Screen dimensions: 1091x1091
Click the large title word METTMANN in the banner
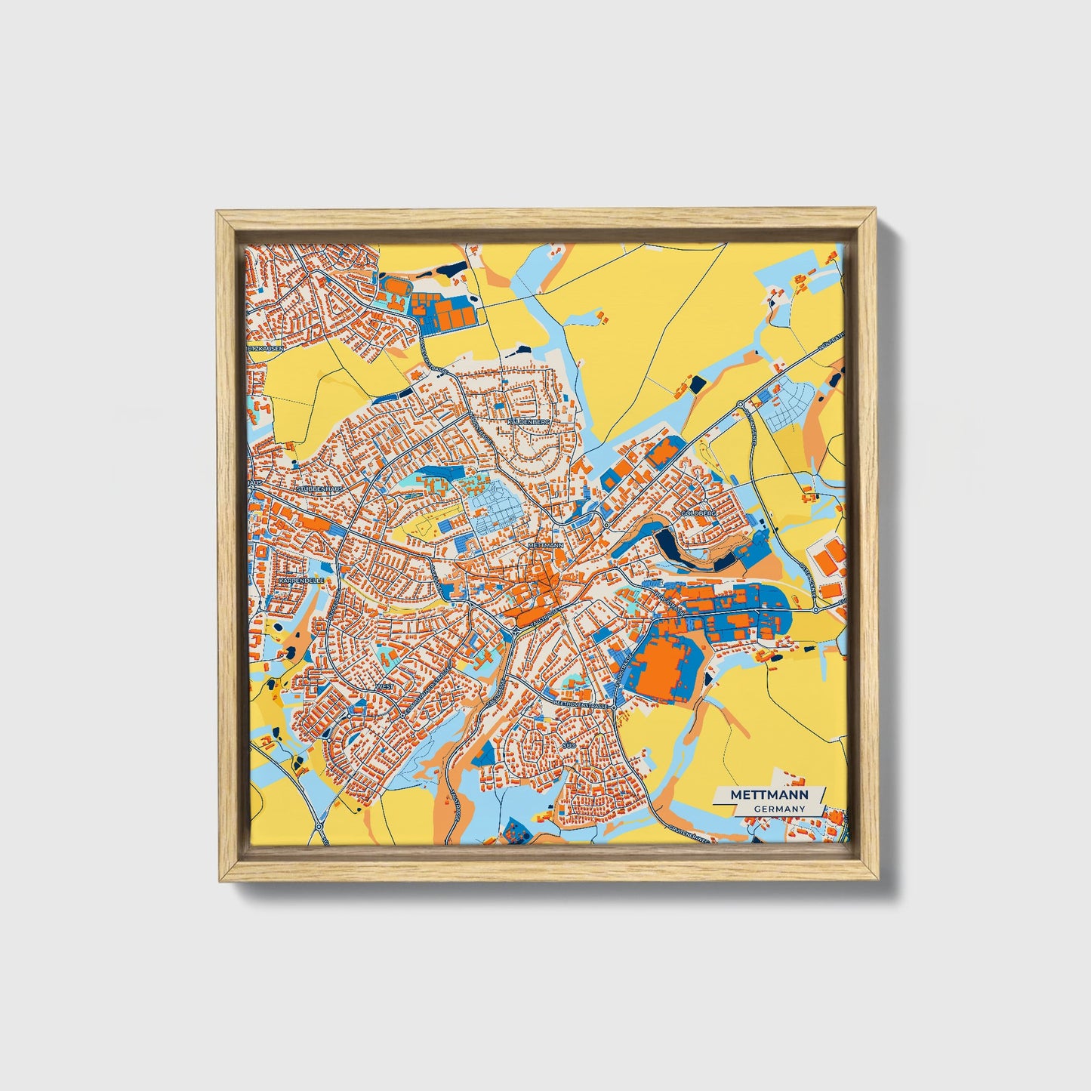[769, 795]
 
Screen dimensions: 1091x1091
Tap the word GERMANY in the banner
[779, 809]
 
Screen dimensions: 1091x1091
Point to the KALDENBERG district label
[529, 421]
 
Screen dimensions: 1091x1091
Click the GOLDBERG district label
[697, 513]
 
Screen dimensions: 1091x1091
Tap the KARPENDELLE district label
[300, 581]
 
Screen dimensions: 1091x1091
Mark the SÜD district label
[569, 744]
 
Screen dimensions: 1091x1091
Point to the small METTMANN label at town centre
[546, 544]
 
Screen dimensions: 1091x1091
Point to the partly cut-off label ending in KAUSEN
[264, 349]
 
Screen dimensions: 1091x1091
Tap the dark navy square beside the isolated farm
[696, 383]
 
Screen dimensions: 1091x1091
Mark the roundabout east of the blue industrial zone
[816, 609]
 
